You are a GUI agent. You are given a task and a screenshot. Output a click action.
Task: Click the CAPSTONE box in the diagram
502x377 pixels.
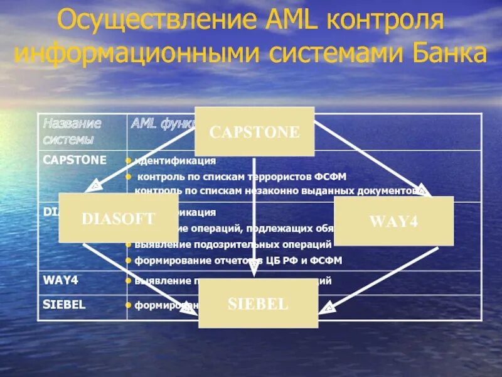[254, 131]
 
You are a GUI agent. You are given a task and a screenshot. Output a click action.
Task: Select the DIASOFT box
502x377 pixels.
[118, 218]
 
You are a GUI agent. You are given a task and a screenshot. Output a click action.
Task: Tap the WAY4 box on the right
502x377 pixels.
[393, 221]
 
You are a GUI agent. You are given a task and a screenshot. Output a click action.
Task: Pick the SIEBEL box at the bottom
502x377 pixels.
[259, 304]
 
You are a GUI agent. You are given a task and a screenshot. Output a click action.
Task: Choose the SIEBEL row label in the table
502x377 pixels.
[64, 304]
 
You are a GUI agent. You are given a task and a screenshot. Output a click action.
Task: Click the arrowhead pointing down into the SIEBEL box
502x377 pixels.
[254, 272]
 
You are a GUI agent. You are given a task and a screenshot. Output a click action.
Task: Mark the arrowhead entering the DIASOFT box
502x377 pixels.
[93, 186]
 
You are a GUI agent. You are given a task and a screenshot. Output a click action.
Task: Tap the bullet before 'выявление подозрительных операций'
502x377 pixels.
[128, 244]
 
